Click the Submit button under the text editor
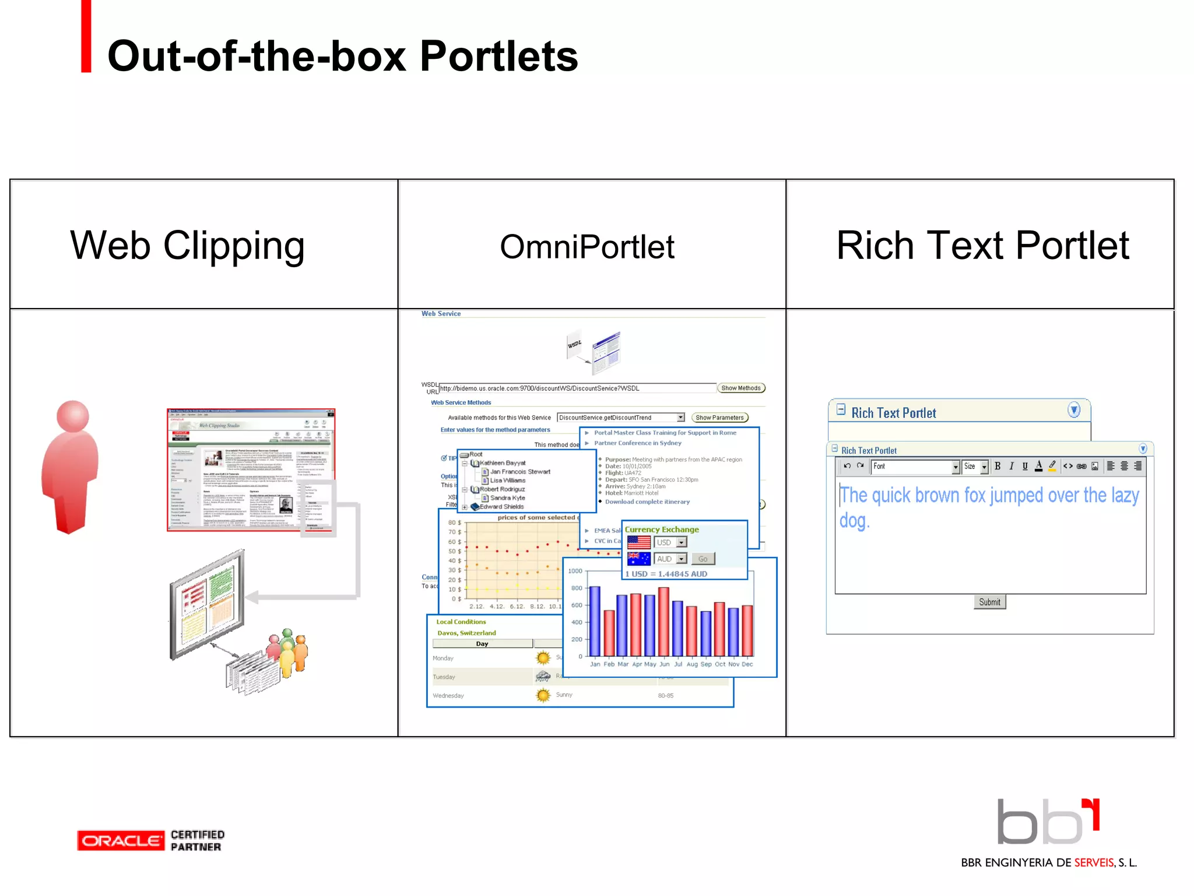(989, 602)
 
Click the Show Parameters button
(719, 418)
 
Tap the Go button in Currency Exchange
(703, 559)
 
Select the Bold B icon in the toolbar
(998, 466)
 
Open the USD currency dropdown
(670, 542)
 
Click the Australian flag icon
(638, 559)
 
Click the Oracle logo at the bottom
(121, 841)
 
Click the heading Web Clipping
(187, 245)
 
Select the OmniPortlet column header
(587, 246)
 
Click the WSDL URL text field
(577, 388)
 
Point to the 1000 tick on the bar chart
(575, 571)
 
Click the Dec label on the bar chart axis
(747, 664)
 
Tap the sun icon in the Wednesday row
(543, 695)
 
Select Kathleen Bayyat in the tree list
(503, 463)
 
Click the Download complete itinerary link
(647, 502)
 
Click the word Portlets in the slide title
(498, 56)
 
